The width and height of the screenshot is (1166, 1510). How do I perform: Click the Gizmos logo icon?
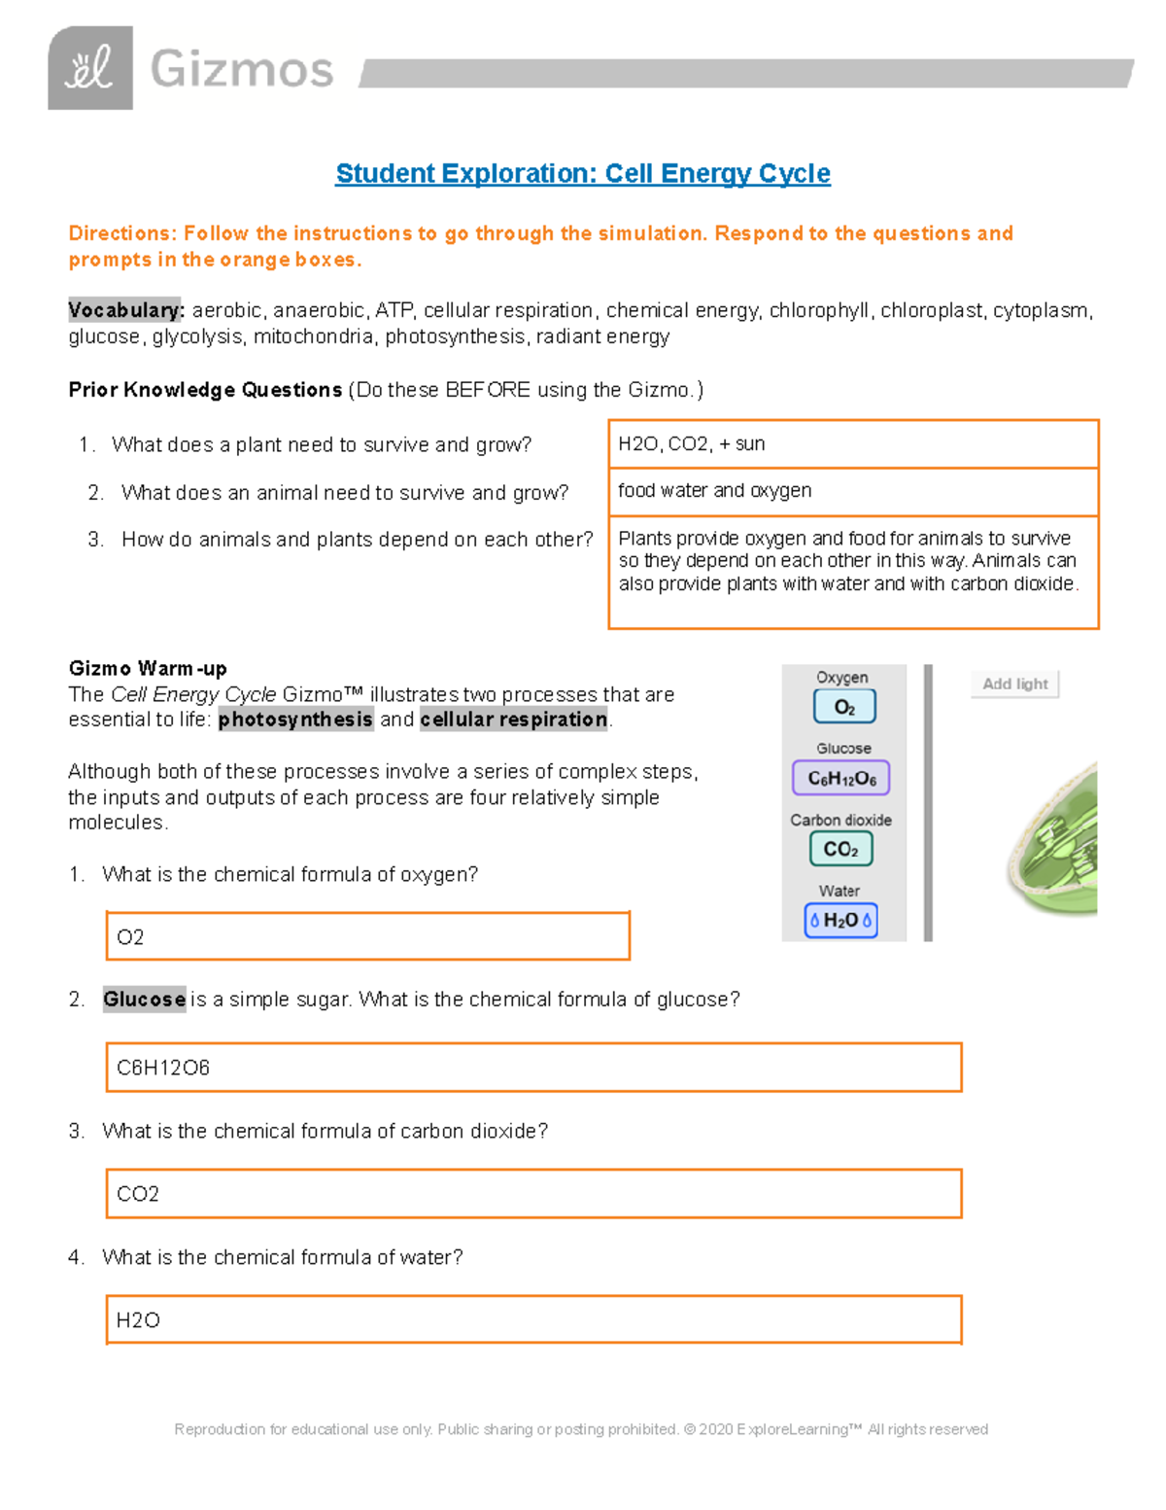(x=89, y=68)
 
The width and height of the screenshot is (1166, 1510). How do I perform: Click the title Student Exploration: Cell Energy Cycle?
(x=582, y=174)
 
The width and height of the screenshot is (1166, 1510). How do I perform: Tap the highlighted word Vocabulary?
(x=125, y=310)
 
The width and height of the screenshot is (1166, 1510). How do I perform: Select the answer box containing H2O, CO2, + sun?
(x=852, y=444)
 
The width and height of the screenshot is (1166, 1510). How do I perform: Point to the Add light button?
(x=1014, y=684)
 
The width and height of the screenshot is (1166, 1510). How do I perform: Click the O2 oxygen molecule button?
(x=844, y=707)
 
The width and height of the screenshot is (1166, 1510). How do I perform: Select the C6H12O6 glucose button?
(x=841, y=778)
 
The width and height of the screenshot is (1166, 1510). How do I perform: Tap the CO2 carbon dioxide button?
(x=840, y=849)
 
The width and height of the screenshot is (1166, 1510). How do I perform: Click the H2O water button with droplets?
(x=840, y=920)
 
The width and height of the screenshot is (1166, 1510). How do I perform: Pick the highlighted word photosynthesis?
(x=295, y=720)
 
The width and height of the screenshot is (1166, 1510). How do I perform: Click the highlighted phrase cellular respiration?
(x=513, y=720)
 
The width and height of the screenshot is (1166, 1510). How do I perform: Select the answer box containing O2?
(x=367, y=936)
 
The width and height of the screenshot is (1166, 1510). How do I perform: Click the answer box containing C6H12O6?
(x=532, y=1068)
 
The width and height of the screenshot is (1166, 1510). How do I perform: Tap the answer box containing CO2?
(x=532, y=1193)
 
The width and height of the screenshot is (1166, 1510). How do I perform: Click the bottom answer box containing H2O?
(x=532, y=1319)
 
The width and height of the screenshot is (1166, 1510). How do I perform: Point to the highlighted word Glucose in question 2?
(x=144, y=1000)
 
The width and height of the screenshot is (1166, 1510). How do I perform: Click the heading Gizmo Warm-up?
(x=148, y=668)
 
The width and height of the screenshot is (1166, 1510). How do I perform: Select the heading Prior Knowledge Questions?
(x=205, y=390)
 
